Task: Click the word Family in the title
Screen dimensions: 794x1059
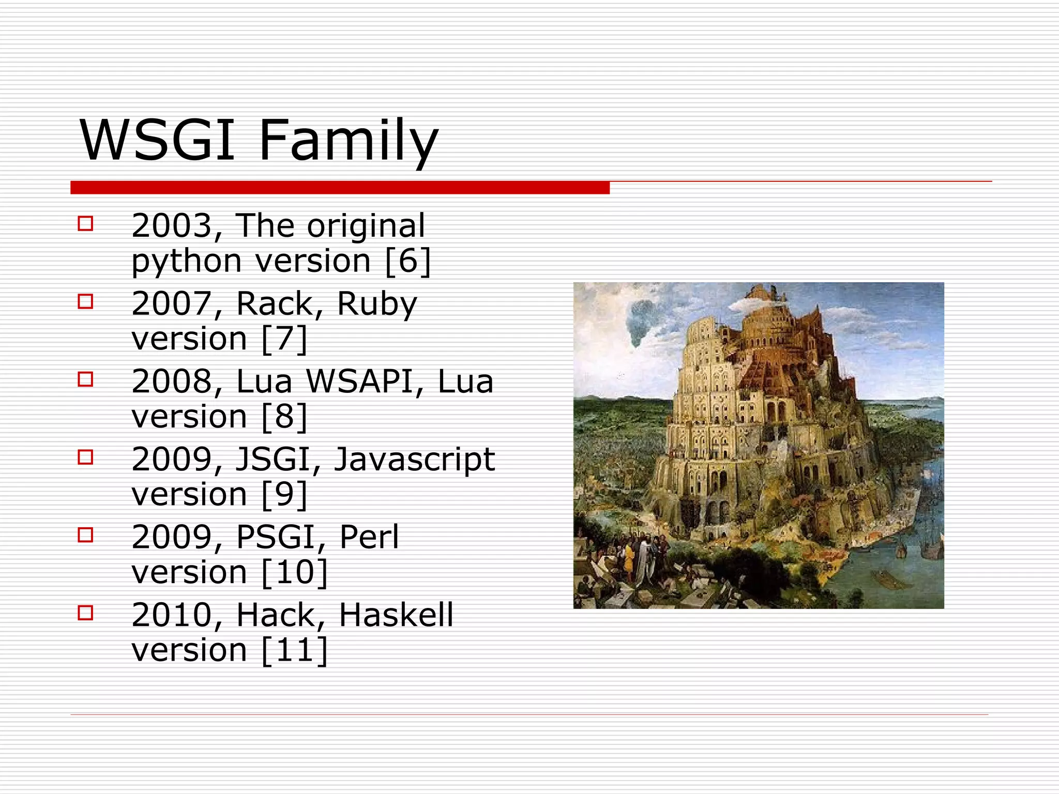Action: pyautogui.click(x=349, y=141)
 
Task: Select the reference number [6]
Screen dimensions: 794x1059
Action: pyautogui.click(x=408, y=261)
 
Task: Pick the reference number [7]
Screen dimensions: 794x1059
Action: pyautogui.click(x=284, y=339)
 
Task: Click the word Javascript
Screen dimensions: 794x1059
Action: pyautogui.click(x=414, y=459)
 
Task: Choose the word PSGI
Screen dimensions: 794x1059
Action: pyautogui.click(x=274, y=537)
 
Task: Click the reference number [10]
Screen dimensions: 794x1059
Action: pyautogui.click(x=295, y=572)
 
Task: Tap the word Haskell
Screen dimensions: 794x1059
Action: pyautogui.click(x=396, y=615)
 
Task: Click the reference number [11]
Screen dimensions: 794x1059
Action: pyautogui.click(x=295, y=650)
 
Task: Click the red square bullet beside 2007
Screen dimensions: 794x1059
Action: pyautogui.click(x=85, y=301)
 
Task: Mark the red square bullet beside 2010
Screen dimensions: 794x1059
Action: pyautogui.click(x=85, y=613)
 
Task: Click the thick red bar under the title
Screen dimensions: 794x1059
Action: pyautogui.click(x=340, y=188)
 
